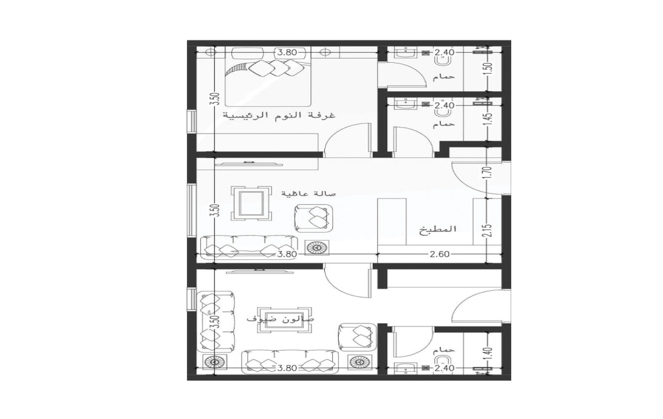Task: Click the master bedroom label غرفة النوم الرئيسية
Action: (279, 115)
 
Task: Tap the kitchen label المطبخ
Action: (438, 230)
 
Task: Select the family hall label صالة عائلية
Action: (309, 193)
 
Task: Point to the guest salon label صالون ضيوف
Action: (280, 319)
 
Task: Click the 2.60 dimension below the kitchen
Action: (440, 254)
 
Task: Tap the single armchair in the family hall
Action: (312, 218)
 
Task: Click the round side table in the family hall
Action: (317, 247)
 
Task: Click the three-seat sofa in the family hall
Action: (249, 248)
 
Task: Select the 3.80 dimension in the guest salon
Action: (287, 368)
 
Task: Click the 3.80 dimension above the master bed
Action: (286, 53)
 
